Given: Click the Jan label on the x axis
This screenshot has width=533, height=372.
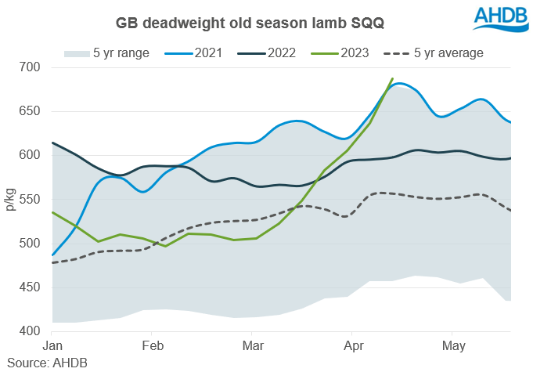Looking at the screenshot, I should pos(52,345).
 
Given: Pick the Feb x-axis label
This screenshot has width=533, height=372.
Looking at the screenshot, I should pos(152,345).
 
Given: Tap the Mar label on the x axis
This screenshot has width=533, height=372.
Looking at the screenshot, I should pos(253,345).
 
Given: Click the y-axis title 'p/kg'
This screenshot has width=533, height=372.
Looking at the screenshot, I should pos(12,200).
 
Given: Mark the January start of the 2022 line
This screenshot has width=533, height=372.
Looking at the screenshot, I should pos(52,143).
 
